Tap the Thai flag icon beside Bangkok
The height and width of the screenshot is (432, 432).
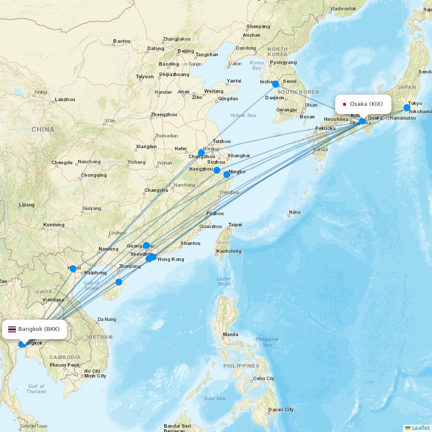(x=12, y=329)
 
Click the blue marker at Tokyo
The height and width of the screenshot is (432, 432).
(x=407, y=108)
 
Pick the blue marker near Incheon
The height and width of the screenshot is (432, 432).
(x=276, y=84)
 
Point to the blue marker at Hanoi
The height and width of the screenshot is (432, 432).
(x=73, y=269)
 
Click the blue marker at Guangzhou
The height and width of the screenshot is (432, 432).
(x=146, y=245)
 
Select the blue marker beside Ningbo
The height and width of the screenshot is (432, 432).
(x=227, y=175)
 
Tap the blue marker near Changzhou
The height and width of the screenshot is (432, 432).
(x=201, y=153)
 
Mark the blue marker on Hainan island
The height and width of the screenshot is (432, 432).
(x=119, y=283)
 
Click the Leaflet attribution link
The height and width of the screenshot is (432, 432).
(x=420, y=428)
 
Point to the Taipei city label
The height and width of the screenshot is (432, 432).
(x=235, y=225)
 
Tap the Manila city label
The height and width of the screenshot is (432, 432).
(x=231, y=334)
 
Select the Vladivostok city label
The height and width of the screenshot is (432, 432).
(x=343, y=9)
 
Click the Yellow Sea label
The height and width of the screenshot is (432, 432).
(x=243, y=115)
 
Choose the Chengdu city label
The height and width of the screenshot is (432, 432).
(x=62, y=162)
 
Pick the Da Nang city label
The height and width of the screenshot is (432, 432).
(x=107, y=320)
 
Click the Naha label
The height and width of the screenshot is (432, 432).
(x=295, y=212)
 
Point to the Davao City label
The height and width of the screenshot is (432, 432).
(x=280, y=410)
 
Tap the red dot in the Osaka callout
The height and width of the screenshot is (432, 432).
(x=344, y=104)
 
